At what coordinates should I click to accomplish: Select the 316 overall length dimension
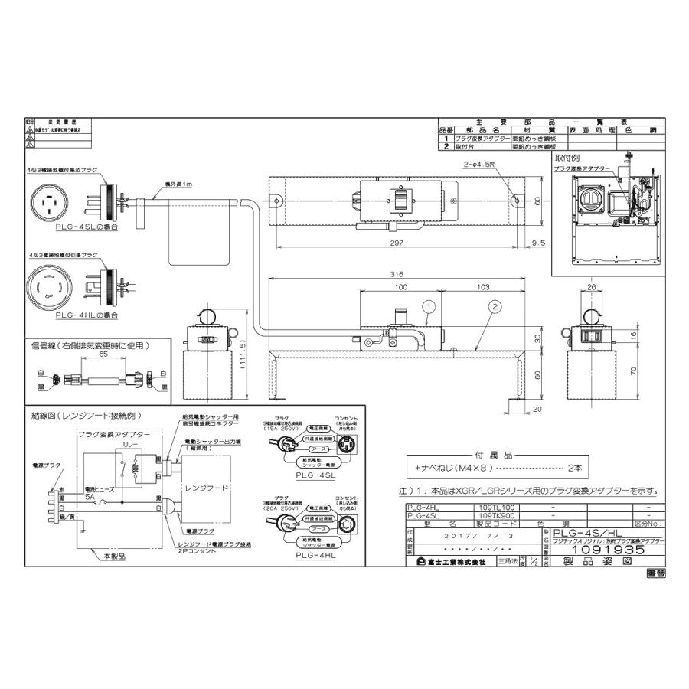tap(397, 273)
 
